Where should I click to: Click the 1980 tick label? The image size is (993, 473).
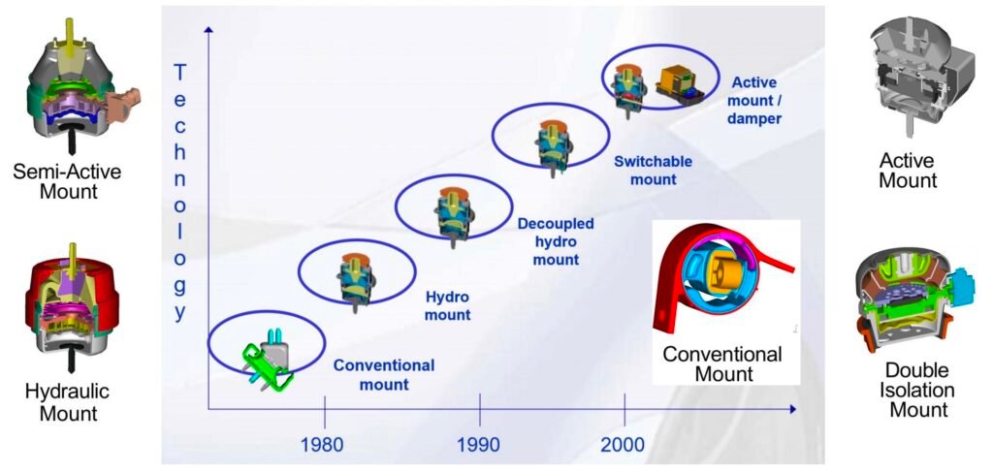324,444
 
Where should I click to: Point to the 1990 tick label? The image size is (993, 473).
480,444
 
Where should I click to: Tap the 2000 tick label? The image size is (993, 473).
625,444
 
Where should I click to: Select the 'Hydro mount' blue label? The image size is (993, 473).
448,304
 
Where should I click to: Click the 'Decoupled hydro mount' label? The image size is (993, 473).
556,241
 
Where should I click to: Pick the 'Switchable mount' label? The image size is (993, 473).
645,170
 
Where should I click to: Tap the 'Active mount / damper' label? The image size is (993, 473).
754,101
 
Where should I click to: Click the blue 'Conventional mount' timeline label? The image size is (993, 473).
384,374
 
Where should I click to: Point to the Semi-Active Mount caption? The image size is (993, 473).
69,181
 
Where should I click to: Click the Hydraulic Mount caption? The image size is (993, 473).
68,402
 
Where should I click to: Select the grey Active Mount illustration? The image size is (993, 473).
917,75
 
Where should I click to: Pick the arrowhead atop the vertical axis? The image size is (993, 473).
208,31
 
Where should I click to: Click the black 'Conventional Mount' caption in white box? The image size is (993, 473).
723,363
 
